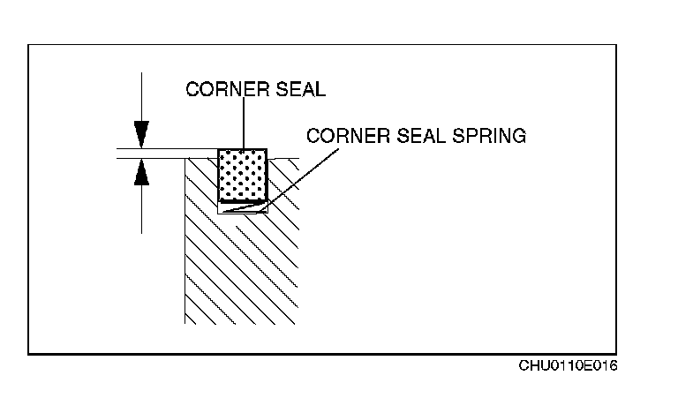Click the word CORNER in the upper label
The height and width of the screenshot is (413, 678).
[x=217, y=90]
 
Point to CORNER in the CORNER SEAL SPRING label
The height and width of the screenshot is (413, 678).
[x=339, y=136]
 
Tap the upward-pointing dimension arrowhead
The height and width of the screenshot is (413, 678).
[x=140, y=173]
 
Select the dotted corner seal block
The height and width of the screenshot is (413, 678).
[x=242, y=174]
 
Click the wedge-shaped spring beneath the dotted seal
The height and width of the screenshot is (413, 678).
[x=242, y=207]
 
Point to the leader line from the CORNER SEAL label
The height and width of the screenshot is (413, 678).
[x=242, y=124]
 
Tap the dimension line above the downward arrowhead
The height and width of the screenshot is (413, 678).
[x=140, y=97]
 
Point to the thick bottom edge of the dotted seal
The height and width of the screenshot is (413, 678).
[x=242, y=200]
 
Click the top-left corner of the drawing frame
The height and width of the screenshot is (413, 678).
[x=29, y=44]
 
